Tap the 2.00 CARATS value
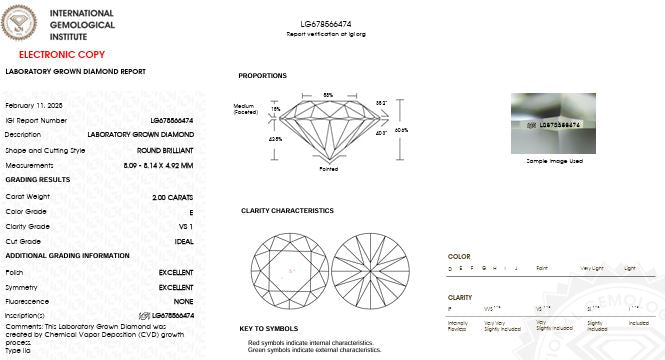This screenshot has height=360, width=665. pos(173,197)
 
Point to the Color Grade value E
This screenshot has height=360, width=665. pos(191,213)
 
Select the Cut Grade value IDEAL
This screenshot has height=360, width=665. pos(183,241)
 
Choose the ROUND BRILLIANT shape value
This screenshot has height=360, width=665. pos(165,150)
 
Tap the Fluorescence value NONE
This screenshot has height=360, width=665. pos(183,301)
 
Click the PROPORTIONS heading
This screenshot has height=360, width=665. pos(262,76)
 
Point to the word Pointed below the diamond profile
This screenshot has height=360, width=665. pos(328,170)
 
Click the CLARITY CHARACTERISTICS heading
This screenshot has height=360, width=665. pos(287,211)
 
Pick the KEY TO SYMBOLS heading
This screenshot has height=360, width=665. pos(268,328)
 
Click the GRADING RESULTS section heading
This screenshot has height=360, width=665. pos(38,180)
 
